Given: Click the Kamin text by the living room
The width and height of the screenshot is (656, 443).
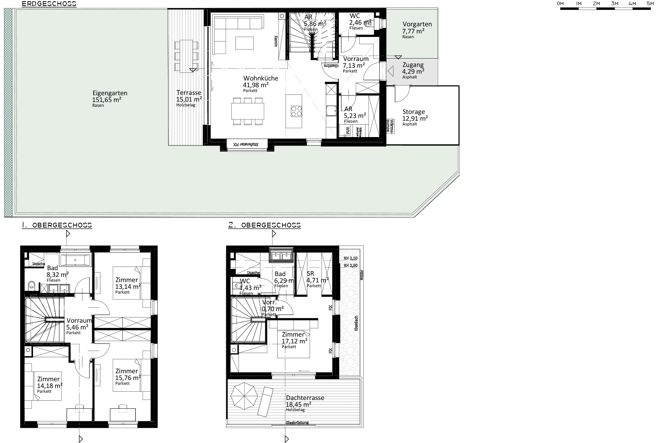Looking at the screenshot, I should point(275,41).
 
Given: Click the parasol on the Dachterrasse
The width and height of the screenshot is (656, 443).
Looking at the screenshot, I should point(243,395).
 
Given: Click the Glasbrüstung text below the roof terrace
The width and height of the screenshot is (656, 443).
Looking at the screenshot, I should point(297,423).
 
